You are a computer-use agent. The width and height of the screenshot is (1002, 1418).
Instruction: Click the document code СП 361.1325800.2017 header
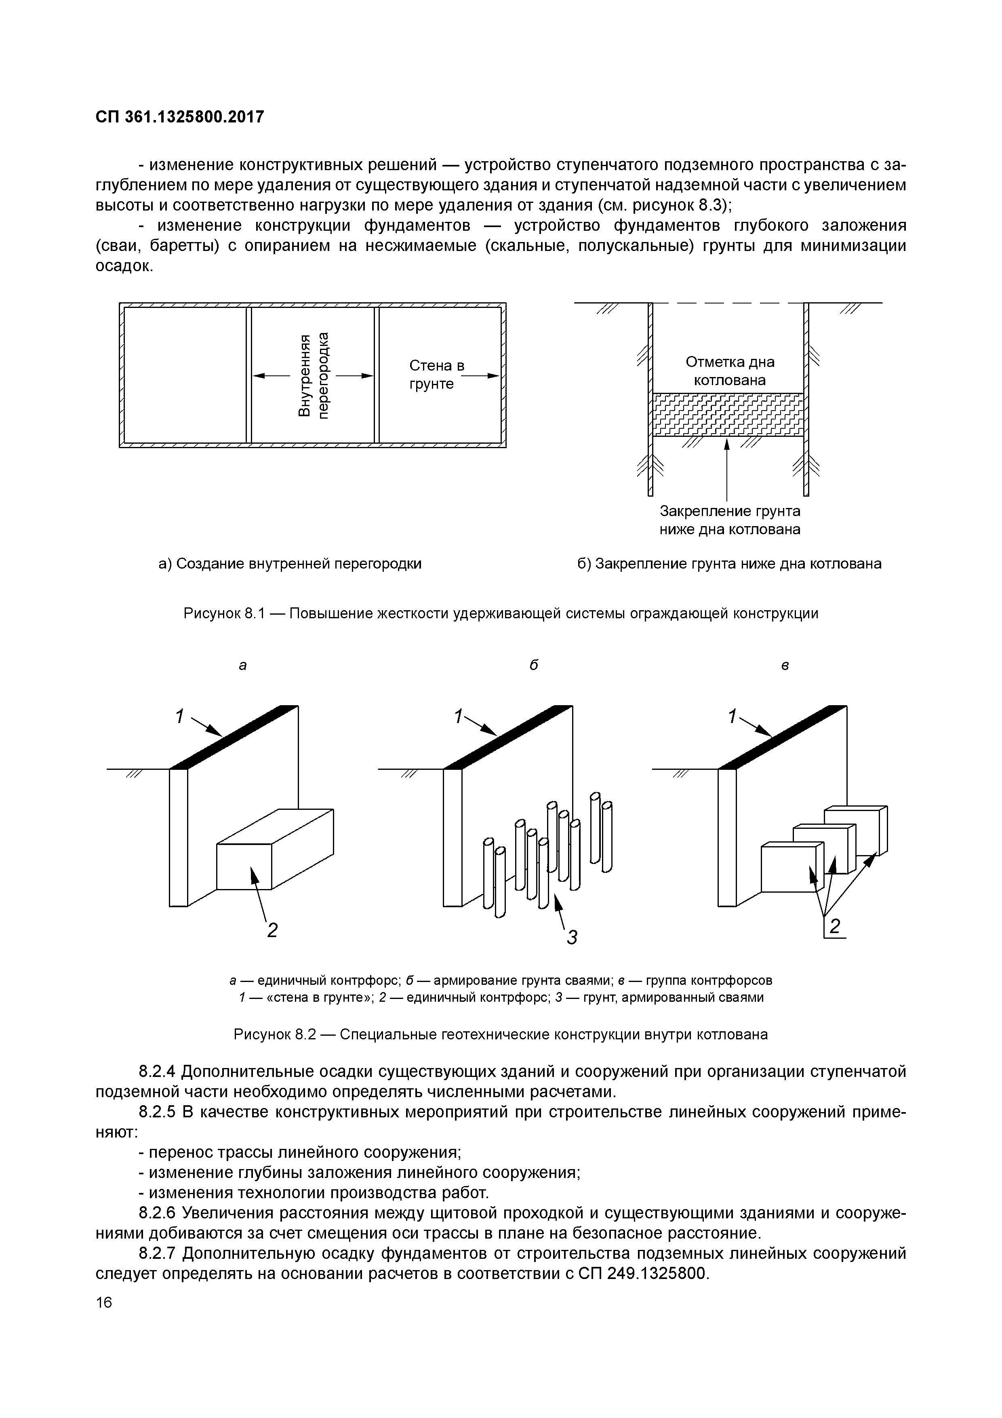pyautogui.click(x=180, y=117)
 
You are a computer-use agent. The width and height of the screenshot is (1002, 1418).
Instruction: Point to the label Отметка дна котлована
pyautogui.click(x=729, y=371)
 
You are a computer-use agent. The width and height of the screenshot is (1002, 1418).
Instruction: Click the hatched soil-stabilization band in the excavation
pyautogui.click(x=728, y=414)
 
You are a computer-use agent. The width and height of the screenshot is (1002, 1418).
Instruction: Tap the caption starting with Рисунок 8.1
pyautogui.click(x=501, y=613)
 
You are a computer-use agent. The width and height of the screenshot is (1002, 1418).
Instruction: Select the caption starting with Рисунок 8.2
pyautogui.click(x=501, y=1035)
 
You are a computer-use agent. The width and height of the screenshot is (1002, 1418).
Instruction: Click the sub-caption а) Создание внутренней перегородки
pyautogui.click(x=290, y=564)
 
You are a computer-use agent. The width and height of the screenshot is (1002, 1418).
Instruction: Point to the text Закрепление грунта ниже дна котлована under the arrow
pyautogui.click(x=730, y=520)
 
